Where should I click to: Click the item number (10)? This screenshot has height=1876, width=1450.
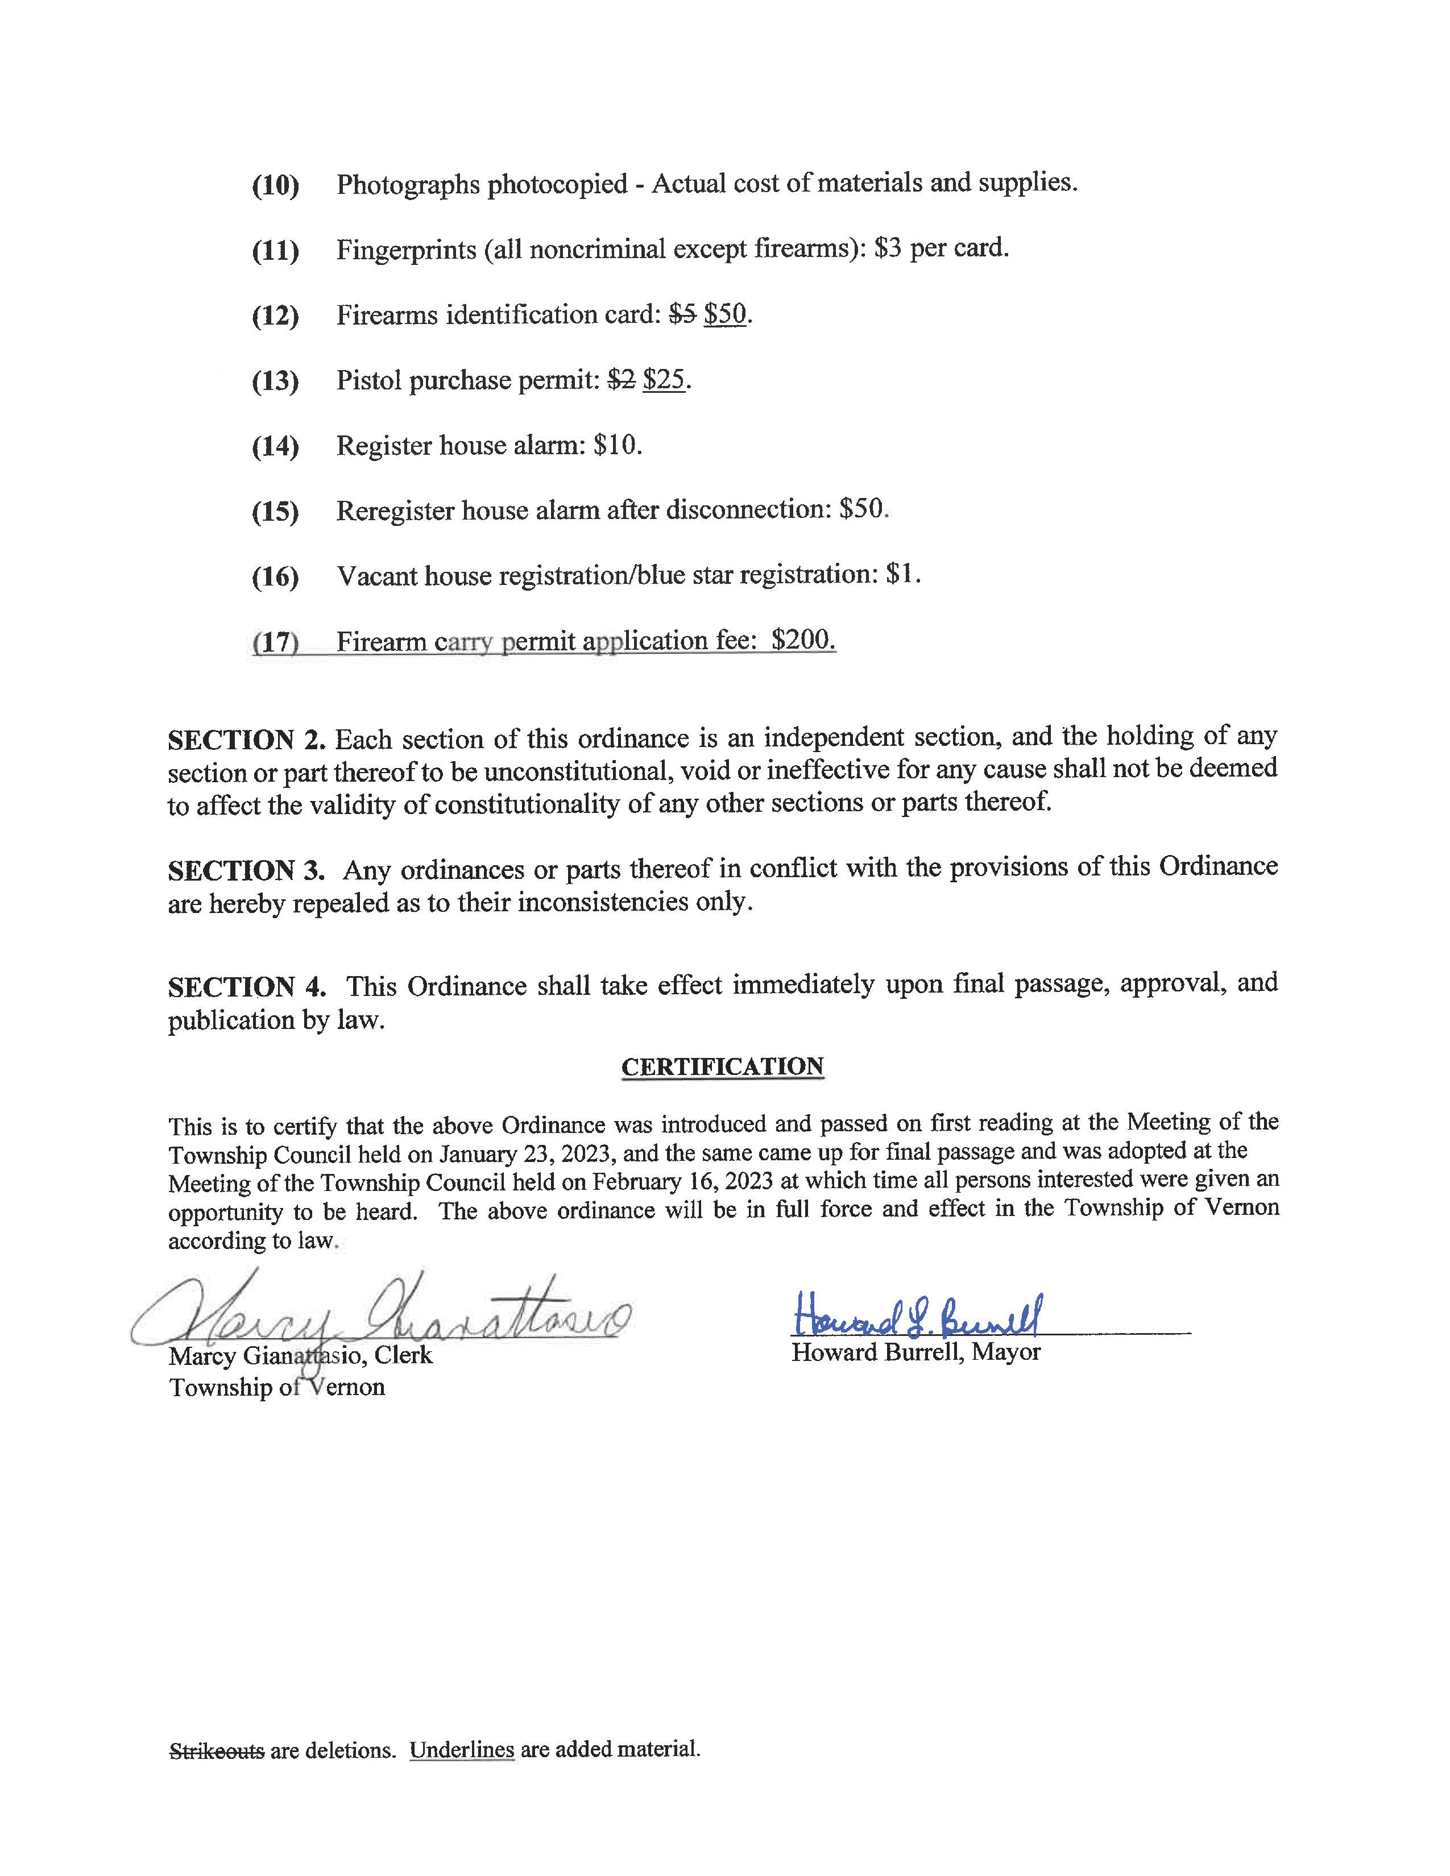coord(275,185)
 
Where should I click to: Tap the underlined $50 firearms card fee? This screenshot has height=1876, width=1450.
coord(725,314)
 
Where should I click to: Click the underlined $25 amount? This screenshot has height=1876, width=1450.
coord(664,380)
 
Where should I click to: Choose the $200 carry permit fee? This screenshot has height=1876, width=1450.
coord(802,640)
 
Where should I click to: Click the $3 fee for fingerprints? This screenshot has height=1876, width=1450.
coord(888,249)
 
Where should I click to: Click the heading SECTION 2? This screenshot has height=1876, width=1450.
coord(247,740)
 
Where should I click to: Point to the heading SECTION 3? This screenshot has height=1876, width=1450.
coord(247,870)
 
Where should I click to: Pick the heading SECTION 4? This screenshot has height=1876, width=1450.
coord(247,987)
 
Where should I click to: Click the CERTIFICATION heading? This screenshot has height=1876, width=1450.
coord(722,1067)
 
